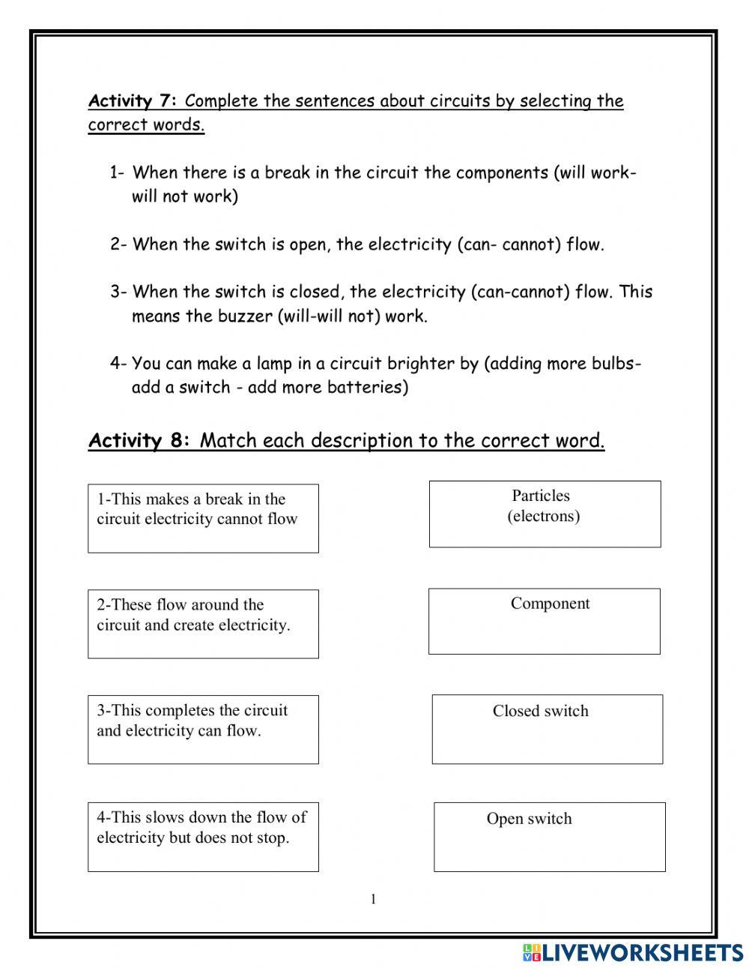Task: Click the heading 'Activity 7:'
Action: (x=133, y=101)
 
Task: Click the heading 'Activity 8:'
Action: (x=139, y=440)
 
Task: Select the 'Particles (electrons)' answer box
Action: (x=545, y=514)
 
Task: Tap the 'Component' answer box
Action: (x=545, y=621)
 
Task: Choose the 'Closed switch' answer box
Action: (x=547, y=729)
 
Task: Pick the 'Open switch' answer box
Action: (x=549, y=837)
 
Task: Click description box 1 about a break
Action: (x=203, y=518)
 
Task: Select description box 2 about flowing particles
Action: (x=203, y=624)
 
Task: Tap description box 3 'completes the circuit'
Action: (x=203, y=730)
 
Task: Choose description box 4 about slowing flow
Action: (x=203, y=837)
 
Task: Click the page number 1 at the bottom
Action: (x=373, y=900)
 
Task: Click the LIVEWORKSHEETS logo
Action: (x=633, y=952)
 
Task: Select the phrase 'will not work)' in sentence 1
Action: (x=185, y=197)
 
